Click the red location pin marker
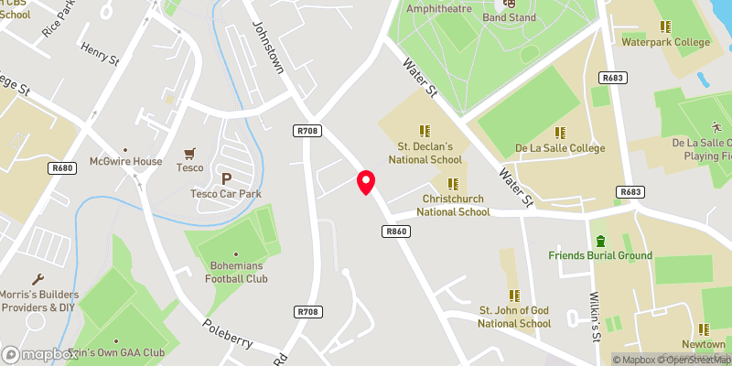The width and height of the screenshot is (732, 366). (x=366, y=182)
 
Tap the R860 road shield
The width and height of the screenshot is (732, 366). (x=396, y=232)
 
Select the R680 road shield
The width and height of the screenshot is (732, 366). (x=62, y=168)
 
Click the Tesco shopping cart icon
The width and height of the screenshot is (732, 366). (x=190, y=154)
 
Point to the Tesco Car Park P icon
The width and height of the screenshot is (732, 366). (x=226, y=178)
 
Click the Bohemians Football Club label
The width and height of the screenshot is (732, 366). (x=236, y=273)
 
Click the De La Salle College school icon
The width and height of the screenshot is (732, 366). (x=557, y=132)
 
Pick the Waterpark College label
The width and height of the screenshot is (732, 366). (x=664, y=42)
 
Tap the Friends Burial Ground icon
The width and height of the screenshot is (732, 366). (x=600, y=241)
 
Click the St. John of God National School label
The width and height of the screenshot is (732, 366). (x=515, y=317)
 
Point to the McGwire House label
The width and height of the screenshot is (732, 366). (x=125, y=162)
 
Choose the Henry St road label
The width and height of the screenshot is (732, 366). (x=101, y=53)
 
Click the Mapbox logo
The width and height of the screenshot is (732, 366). (x=38, y=354)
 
